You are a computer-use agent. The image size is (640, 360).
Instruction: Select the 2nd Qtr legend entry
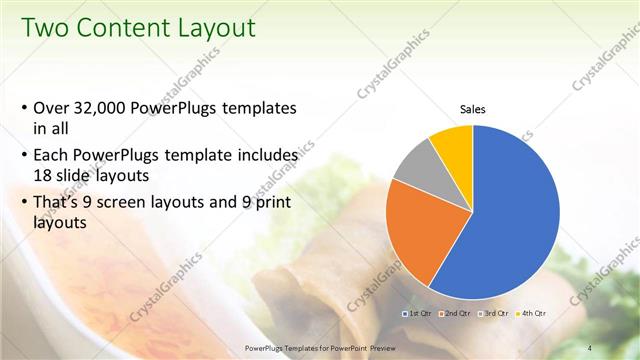[456, 313]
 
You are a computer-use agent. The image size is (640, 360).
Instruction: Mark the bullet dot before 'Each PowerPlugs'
[24, 158]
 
